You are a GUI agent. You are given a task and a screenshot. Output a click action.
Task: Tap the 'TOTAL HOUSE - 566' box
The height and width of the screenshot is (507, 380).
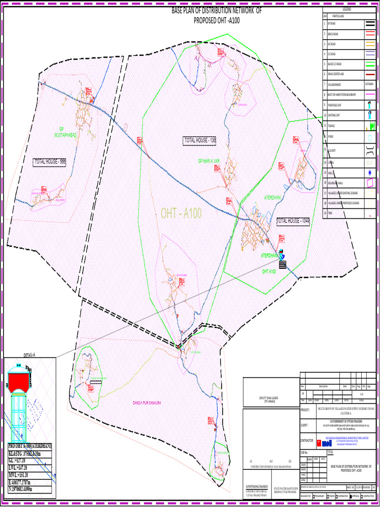[x=49, y=162]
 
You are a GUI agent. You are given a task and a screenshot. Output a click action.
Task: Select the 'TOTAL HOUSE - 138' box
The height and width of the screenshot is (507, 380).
[x=200, y=141]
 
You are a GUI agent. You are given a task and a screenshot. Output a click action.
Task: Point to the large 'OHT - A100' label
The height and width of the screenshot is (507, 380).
[x=181, y=213]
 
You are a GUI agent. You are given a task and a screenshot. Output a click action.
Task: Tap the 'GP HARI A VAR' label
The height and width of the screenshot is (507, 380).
[x=209, y=161]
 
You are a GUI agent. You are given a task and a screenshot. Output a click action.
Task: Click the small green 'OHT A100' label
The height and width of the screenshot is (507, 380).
[x=269, y=272]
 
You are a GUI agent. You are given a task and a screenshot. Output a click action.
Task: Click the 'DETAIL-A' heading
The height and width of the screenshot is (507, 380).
[x=30, y=355]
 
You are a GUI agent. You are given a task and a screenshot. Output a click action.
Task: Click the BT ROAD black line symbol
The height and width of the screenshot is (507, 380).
[x=370, y=23]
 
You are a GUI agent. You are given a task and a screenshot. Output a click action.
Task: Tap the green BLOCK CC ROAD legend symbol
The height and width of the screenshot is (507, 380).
[x=370, y=64]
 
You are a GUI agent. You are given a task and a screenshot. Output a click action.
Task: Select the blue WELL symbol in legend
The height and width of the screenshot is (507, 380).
[x=370, y=172]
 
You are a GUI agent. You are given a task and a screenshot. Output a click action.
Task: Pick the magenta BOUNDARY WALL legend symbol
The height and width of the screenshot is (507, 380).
[x=370, y=183]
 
